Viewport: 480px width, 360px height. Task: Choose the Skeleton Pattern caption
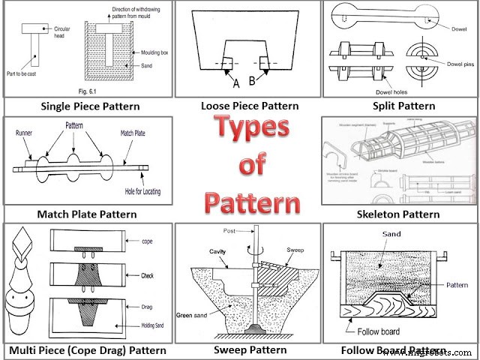[400, 214]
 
